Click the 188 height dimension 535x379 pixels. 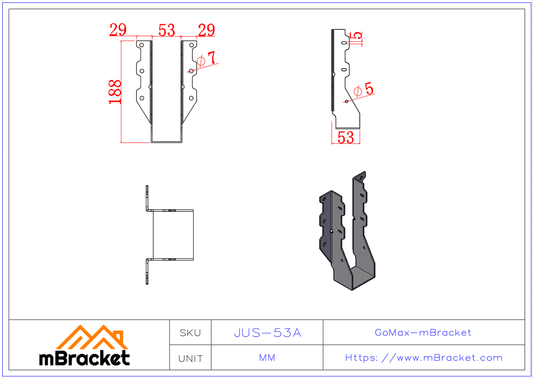click(x=115, y=92)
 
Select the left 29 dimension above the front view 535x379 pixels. click(x=118, y=30)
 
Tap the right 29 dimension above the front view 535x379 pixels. click(x=206, y=30)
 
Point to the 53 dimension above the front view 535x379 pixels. click(x=166, y=30)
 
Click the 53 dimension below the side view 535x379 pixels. click(x=346, y=137)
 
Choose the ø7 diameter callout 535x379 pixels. click(x=206, y=59)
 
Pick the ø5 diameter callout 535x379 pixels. click(x=363, y=90)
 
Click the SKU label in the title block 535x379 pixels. click(x=190, y=333)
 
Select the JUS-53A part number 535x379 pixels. click(x=267, y=333)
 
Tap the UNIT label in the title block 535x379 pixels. click(x=190, y=358)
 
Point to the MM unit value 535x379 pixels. click(x=267, y=358)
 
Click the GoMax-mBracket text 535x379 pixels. click(x=423, y=333)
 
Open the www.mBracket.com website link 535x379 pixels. click(x=424, y=358)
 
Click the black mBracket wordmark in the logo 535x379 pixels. click(x=85, y=358)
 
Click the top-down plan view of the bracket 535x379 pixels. click(x=169, y=235)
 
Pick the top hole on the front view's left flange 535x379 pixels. click(x=142, y=45)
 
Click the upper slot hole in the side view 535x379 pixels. click(x=344, y=43)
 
